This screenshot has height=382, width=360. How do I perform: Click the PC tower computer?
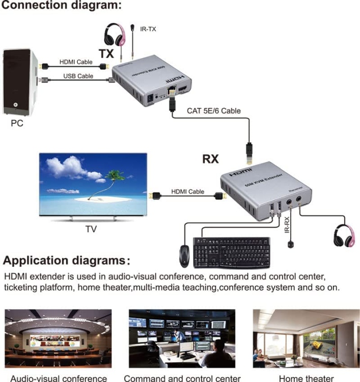[20, 81]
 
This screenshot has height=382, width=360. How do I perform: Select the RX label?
[210, 159]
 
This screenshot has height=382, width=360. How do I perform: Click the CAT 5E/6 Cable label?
[214, 111]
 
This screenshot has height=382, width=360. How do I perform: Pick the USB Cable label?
[78, 76]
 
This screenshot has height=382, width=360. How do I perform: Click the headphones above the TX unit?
[114, 35]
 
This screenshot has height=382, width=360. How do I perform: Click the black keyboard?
[232, 253]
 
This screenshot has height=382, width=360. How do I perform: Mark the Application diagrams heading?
[66, 261]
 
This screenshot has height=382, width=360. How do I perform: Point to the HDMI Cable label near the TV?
[187, 192]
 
